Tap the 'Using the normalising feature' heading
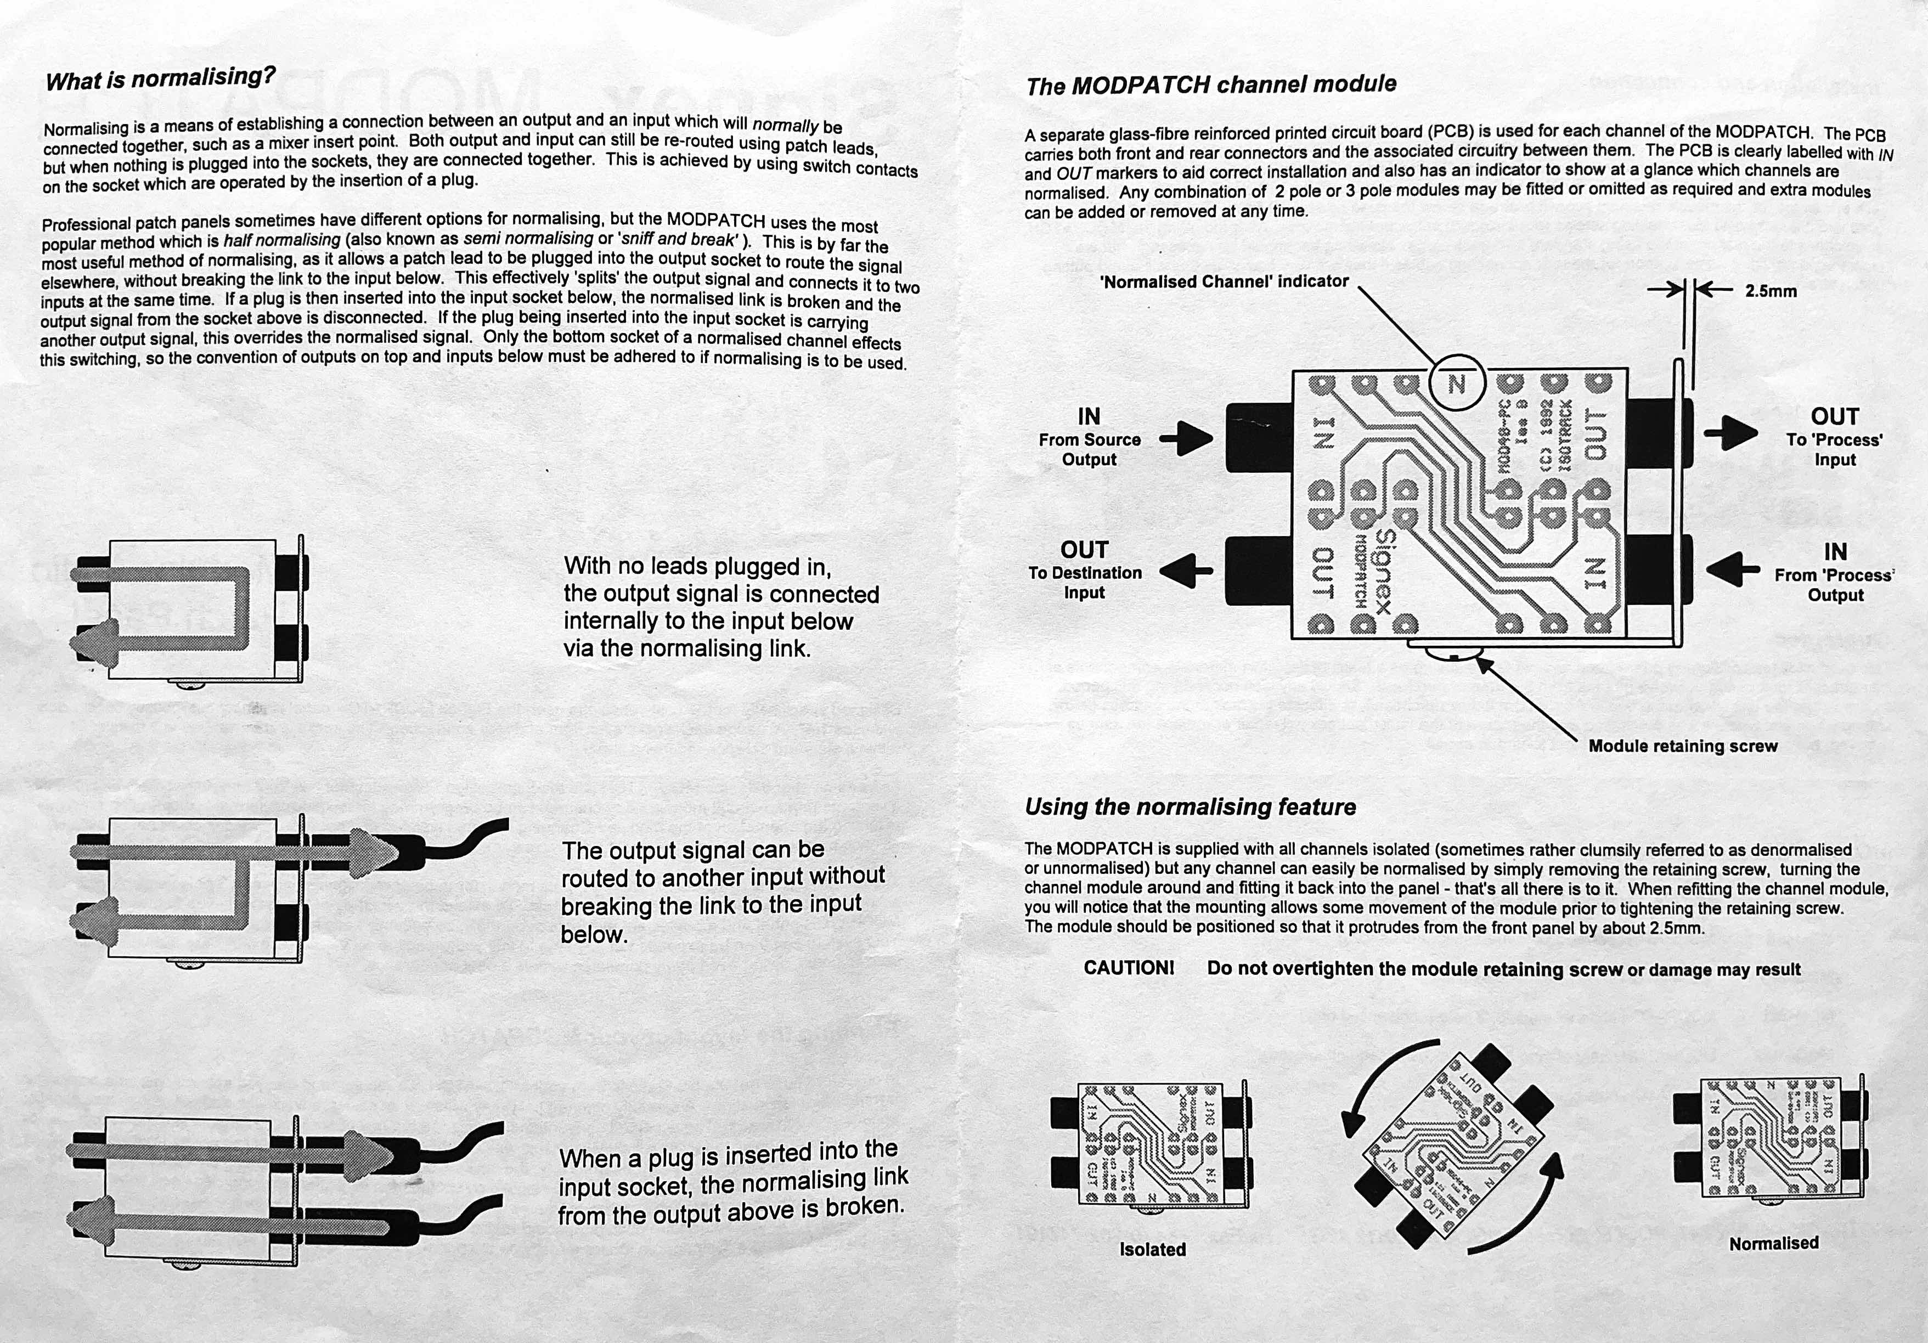point(1190,807)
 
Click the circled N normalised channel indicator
point(1457,384)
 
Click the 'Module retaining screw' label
point(1683,746)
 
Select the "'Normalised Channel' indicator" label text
point(1224,282)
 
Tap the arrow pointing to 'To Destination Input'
point(1187,571)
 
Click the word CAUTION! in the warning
point(1129,968)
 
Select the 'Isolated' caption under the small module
point(1152,1249)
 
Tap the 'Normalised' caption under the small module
point(1773,1243)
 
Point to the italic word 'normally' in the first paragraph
point(785,125)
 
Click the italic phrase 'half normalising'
point(281,240)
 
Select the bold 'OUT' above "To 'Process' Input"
point(1835,416)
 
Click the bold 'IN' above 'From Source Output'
point(1089,416)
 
